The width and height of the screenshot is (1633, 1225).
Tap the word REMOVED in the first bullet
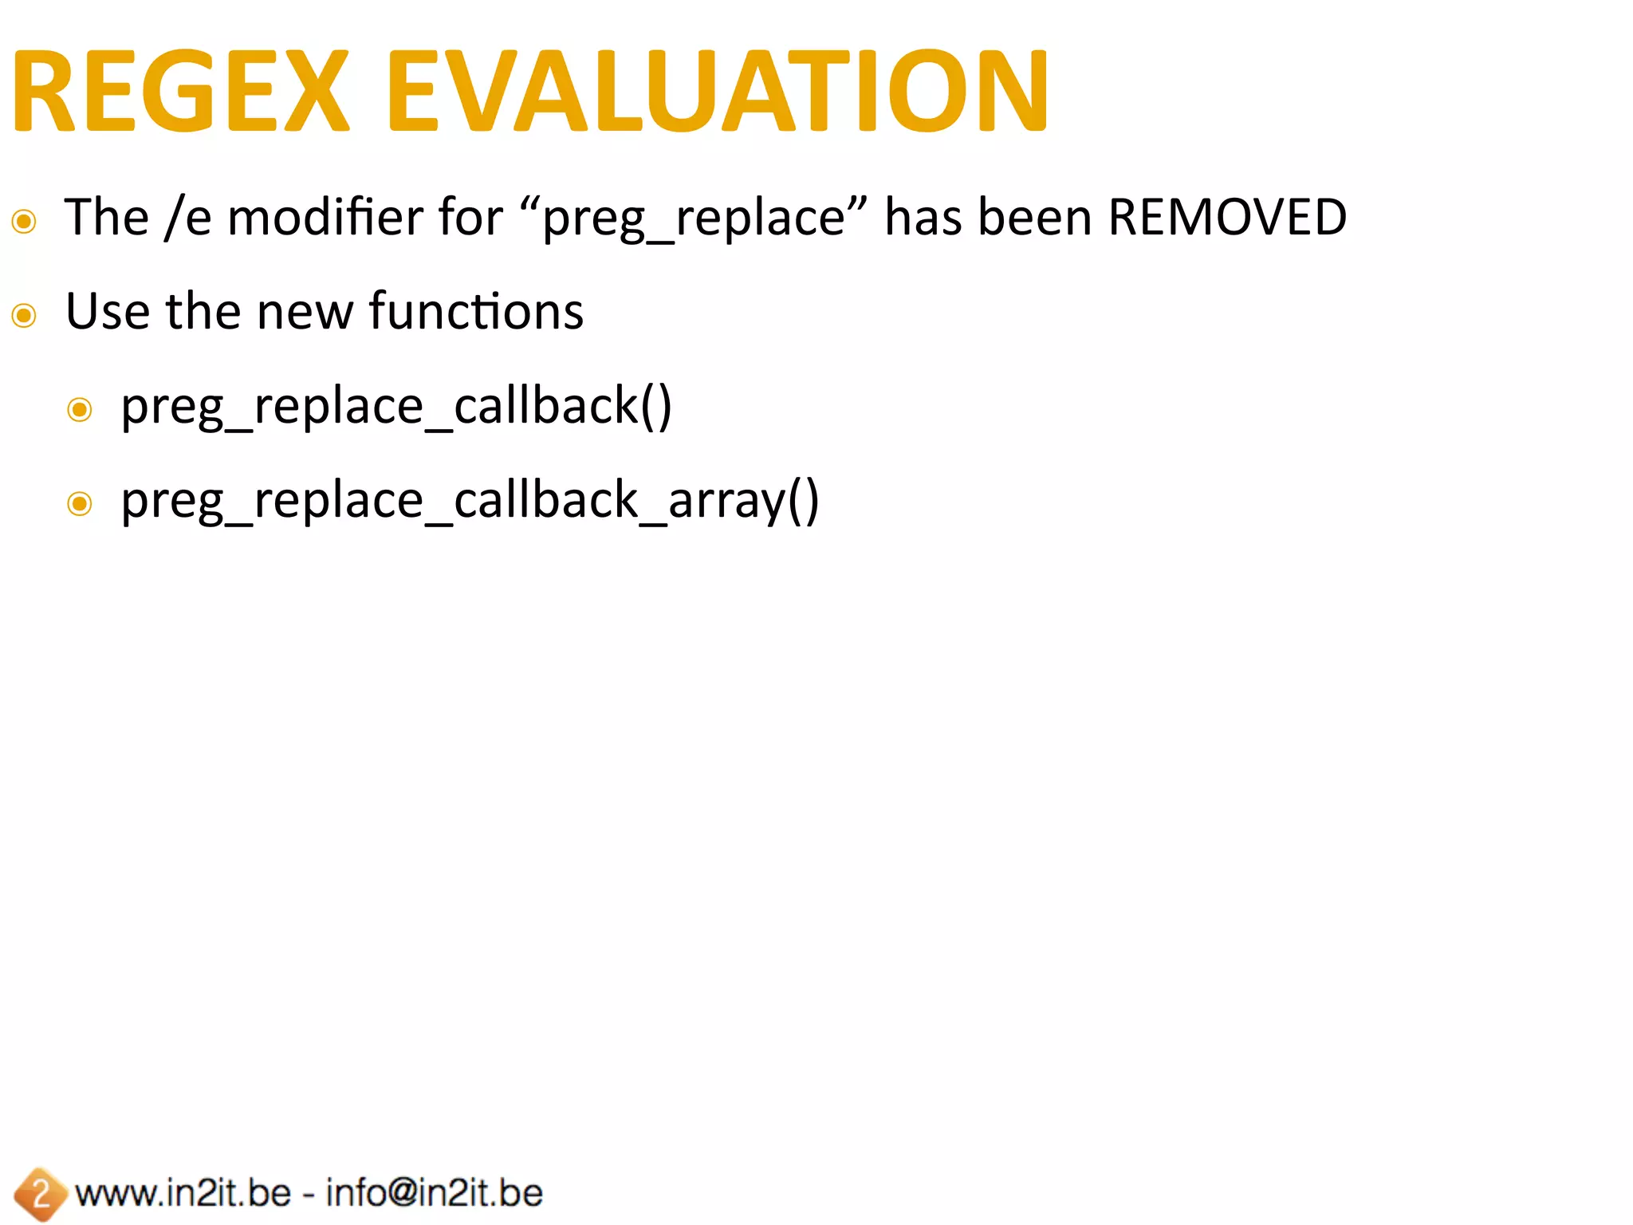[1227, 217]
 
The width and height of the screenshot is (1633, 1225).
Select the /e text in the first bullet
[187, 217]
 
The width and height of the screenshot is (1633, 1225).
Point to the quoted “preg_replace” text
[693, 217]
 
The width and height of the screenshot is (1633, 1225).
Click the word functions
[476, 311]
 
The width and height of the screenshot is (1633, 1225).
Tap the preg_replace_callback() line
[396, 407]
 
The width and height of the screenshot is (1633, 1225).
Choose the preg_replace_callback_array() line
[470, 501]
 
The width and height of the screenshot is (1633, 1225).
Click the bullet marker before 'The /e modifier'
[25, 221]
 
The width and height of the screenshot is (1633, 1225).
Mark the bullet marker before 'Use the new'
[25, 316]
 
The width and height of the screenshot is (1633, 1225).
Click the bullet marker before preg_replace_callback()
[80, 410]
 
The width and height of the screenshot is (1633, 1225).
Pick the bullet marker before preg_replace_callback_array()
[80, 504]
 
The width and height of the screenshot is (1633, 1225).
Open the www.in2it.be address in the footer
[183, 1193]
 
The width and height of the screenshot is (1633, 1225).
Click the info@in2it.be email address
[435, 1193]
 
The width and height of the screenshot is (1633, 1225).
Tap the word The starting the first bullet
[107, 217]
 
